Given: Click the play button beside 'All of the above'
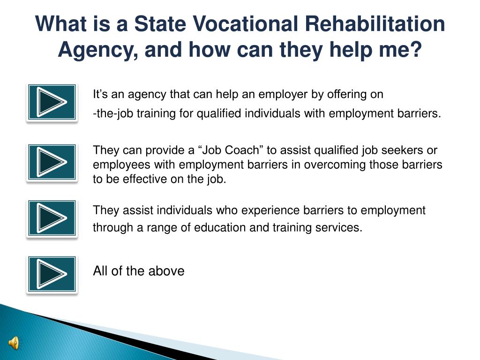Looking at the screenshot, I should (52, 274).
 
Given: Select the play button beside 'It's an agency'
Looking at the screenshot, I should (52, 102).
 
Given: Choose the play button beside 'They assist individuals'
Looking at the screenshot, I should (52, 218).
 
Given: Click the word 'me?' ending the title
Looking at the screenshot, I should (399, 49).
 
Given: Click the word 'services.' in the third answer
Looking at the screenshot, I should (340, 228).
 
